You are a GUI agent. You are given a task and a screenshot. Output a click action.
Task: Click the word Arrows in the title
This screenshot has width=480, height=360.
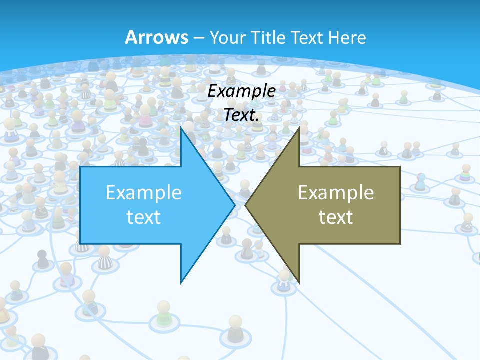pos(156,37)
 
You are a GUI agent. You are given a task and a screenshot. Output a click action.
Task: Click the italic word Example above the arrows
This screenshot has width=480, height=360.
pos(242,91)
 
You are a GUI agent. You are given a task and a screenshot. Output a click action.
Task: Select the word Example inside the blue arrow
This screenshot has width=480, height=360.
pos(144,193)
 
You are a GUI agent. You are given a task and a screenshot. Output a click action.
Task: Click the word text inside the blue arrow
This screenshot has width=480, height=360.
pos(144,217)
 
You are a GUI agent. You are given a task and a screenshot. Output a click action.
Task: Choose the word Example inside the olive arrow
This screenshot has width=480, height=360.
pos(336,193)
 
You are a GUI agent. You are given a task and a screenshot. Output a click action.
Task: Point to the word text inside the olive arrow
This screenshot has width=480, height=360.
pos(336,217)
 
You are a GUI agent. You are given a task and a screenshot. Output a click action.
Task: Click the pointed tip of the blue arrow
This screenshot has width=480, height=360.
pos(234,204)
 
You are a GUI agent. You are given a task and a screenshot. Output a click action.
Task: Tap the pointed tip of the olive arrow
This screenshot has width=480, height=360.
pos(246,204)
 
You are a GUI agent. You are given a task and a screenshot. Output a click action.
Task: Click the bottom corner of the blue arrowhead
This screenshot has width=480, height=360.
pos(181,283)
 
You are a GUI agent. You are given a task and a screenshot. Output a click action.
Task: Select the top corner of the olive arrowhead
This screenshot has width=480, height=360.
pos(299,127)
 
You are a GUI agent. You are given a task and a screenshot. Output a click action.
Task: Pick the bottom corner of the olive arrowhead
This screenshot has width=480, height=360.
pos(299,283)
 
